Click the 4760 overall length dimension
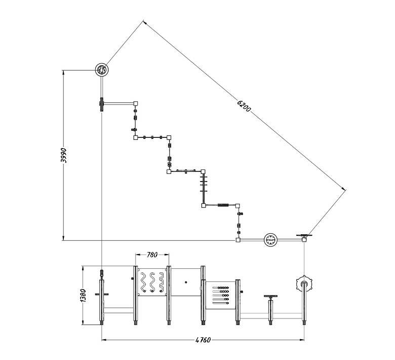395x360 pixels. [203, 340]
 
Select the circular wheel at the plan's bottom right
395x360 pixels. [271, 239]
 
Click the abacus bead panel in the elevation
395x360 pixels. [222, 295]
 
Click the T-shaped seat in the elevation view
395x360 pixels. [270, 297]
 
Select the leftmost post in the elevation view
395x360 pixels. [102, 299]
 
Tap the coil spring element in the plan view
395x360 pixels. [222, 205]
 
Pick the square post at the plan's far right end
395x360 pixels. [304, 239]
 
